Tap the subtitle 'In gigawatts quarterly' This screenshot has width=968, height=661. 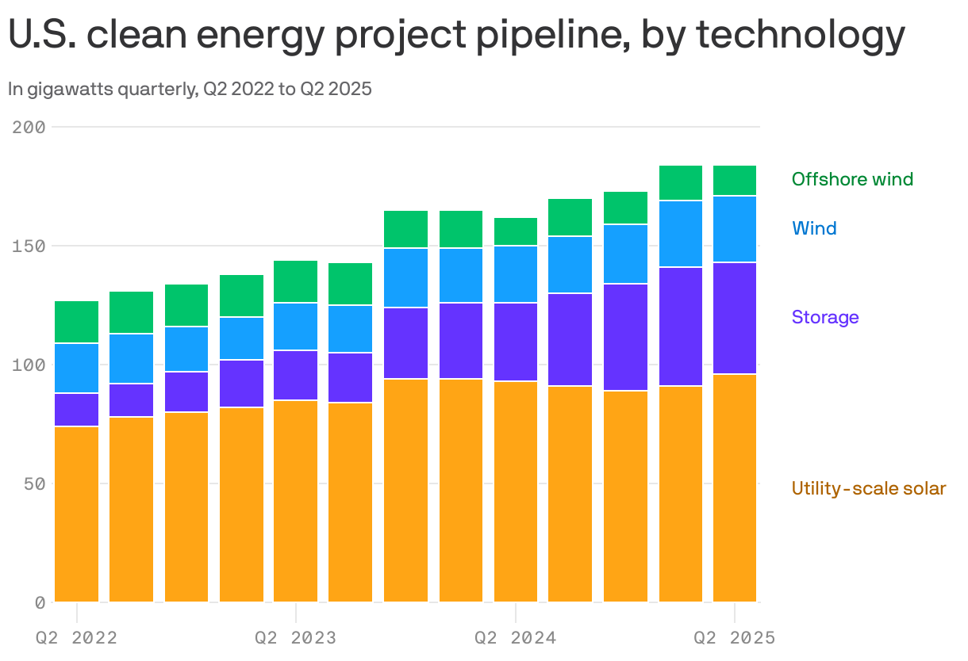coord(102,90)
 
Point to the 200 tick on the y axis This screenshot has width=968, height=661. coord(29,127)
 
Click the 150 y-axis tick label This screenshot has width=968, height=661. coord(29,246)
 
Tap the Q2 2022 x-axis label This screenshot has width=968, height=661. coord(77,638)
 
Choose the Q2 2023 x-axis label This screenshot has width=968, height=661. coord(296,638)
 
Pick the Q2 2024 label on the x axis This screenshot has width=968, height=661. coord(516,638)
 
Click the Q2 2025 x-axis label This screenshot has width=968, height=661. coord(734,638)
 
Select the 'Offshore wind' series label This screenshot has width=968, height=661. coord(852,179)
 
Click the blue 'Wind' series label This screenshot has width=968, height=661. coord(814,228)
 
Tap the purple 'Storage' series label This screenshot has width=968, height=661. coord(825,317)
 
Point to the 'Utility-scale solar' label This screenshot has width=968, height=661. coord(869,488)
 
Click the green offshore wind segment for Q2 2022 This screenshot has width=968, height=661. coord(77,322)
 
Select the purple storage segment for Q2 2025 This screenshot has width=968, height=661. coord(735,318)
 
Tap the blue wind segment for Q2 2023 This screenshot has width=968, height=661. coord(296,327)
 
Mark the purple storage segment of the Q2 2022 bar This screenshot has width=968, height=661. coord(77,410)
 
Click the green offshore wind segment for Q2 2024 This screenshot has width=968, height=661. coord(516,231)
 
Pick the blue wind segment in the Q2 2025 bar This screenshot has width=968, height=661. coord(735,229)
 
